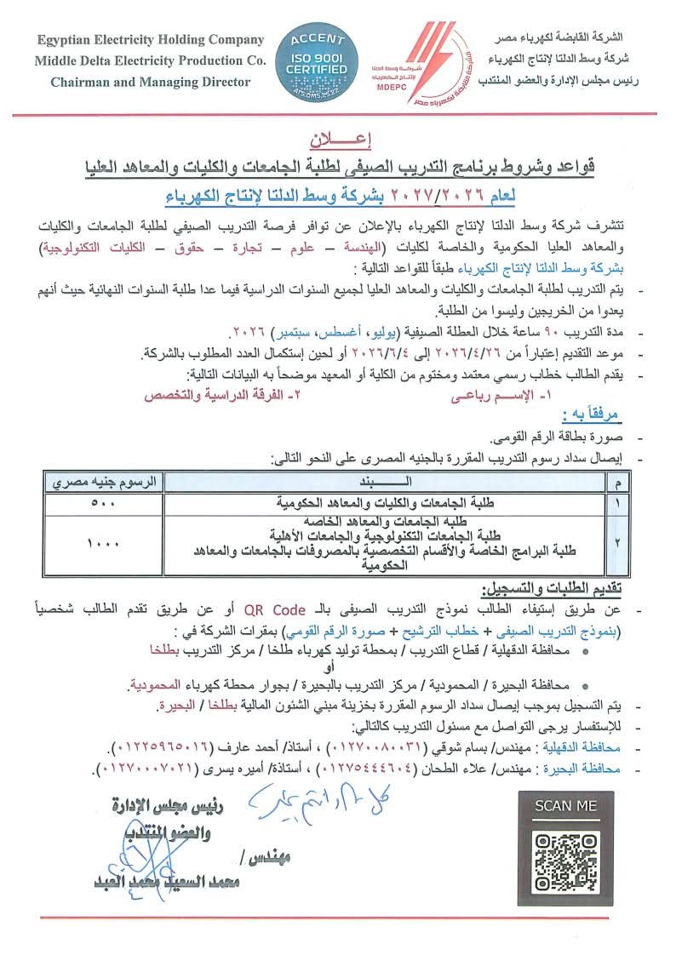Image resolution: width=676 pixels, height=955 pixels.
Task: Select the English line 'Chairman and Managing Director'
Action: (x=151, y=83)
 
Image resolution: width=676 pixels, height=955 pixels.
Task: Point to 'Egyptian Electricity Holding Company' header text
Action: (x=150, y=41)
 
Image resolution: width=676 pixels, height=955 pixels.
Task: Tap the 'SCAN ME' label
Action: (x=566, y=805)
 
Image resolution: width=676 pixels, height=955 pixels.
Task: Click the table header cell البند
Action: (x=377, y=483)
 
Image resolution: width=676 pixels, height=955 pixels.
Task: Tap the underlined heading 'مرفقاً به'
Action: (x=592, y=415)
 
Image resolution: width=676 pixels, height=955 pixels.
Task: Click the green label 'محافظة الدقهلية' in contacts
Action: (x=586, y=747)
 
